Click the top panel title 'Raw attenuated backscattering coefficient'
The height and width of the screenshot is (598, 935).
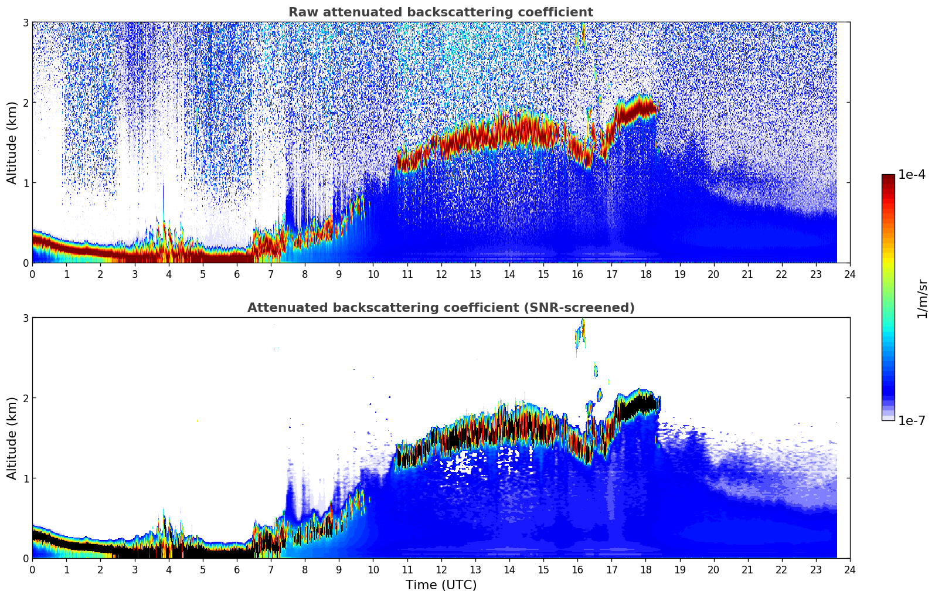point(440,12)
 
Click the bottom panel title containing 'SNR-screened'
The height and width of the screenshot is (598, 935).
point(440,308)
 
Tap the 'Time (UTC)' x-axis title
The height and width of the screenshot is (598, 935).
point(441,585)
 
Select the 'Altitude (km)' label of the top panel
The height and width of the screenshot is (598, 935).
point(12,142)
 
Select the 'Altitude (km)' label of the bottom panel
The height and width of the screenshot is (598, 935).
point(12,438)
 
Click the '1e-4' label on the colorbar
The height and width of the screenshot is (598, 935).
point(912,175)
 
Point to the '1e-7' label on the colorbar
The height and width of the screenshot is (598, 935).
point(912,420)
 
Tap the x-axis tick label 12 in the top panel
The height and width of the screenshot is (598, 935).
point(441,274)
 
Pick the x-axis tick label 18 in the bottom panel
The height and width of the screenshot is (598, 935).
point(645,569)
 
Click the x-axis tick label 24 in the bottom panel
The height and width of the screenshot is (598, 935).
point(850,569)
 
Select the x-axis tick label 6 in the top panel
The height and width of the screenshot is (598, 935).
point(236,274)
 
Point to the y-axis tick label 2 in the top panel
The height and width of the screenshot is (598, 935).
point(26,103)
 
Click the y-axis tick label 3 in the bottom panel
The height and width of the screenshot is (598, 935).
point(26,318)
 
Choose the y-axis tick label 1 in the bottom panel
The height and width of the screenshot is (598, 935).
point(26,478)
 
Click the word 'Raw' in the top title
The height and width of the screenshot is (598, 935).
point(301,12)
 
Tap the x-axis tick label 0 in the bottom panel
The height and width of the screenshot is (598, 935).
point(32,569)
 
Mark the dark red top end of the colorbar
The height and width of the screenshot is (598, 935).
point(888,176)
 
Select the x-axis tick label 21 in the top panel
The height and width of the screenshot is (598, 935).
point(747,274)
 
